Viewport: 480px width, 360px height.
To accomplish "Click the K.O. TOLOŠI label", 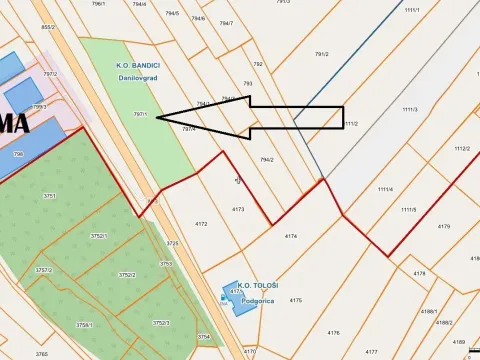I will click(258, 285).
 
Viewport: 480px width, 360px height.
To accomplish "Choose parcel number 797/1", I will click(140, 114).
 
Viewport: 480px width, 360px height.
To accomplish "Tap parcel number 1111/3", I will click(410, 109).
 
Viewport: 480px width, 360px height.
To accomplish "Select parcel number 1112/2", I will click(461, 148).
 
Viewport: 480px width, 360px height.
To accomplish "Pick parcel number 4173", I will click(238, 209).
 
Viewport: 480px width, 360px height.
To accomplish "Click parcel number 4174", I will click(291, 235).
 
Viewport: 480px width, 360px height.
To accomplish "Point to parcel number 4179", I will click(444, 226).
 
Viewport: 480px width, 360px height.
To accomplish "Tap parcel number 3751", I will click(49, 196).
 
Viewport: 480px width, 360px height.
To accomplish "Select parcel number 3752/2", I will click(126, 274).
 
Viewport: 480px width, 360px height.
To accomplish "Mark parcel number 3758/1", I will click(84, 324).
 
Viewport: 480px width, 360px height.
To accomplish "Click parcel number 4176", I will click(334, 332).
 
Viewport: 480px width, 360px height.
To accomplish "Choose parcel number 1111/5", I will click(408, 209).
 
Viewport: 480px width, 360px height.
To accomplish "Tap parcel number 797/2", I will click(50, 74).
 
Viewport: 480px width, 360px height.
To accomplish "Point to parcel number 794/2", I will click(267, 159).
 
